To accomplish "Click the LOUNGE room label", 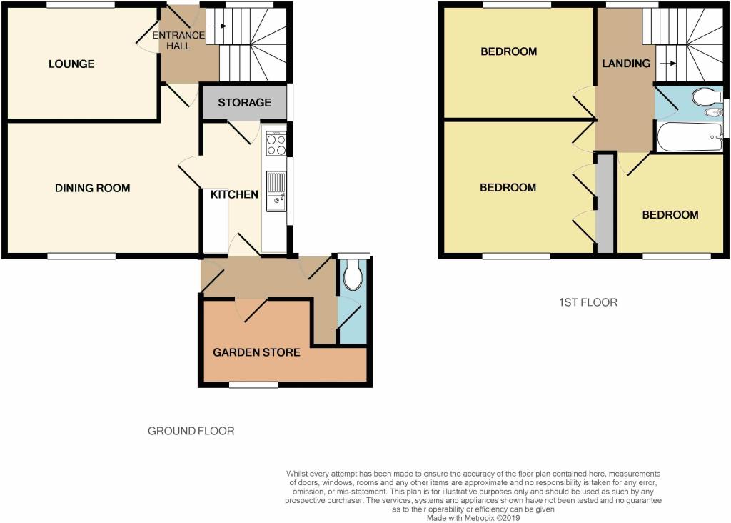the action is click(x=71, y=64).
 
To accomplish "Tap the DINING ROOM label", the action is click(x=92, y=188).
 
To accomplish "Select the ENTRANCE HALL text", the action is click(x=178, y=41).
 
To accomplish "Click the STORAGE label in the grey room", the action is click(x=244, y=102).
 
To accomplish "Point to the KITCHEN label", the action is click(x=234, y=194).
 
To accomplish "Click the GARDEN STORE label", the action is click(x=256, y=352).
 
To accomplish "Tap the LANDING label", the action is click(x=626, y=64).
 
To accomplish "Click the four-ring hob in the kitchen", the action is click(x=276, y=143).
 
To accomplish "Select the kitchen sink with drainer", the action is click(x=276, y=191).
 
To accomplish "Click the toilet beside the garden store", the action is click(x=353, y=274).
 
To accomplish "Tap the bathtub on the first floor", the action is click(x=690, y=136).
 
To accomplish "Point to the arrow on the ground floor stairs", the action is click(x=218, y=26).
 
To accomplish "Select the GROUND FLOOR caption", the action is click(x=191, y=431).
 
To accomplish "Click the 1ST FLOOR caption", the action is click(x=588, y=302).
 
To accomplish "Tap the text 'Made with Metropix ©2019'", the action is click(x=473, y=518).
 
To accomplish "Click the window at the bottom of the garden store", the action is click(x=253, y=385).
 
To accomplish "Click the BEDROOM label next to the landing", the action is click(x=508, y=51).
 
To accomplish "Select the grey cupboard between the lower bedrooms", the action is click(x=605, y=204).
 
